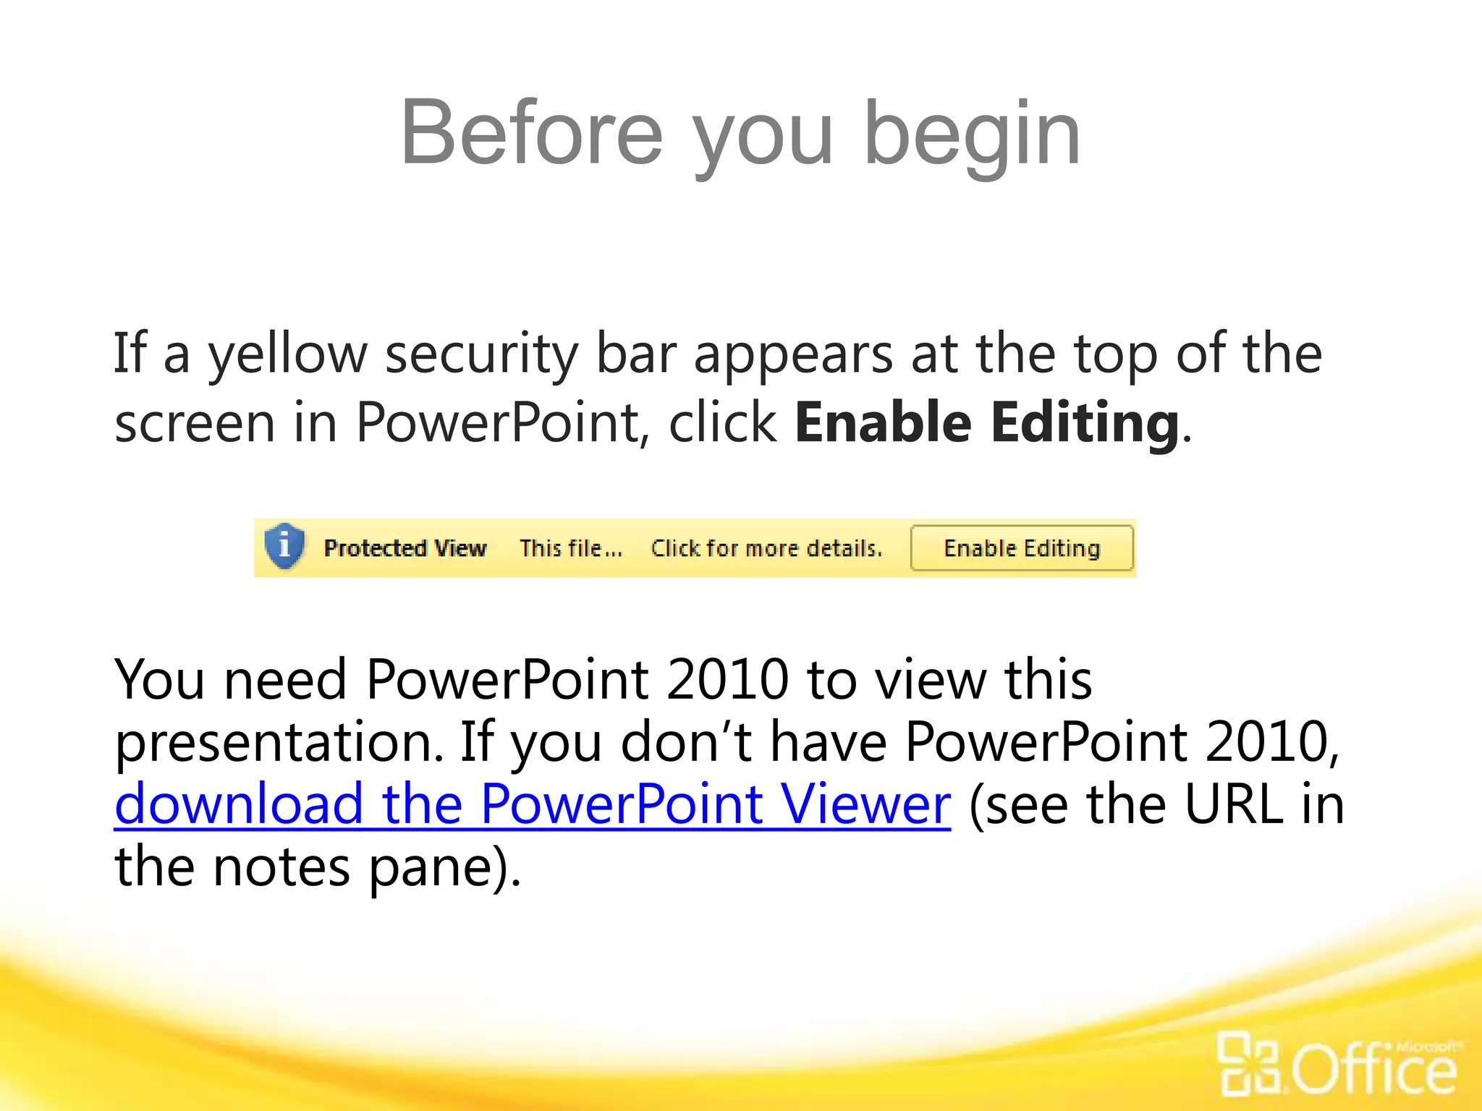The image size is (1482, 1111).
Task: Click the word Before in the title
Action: point(531,134)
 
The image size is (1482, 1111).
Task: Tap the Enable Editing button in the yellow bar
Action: point(1021,548)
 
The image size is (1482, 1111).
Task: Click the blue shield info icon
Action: point(284,546)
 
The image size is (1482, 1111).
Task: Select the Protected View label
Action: point(405,548)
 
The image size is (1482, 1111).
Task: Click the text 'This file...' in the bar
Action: point(570,548)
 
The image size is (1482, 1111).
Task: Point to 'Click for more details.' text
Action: point(766,548)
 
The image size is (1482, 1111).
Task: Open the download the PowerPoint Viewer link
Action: point(532,804)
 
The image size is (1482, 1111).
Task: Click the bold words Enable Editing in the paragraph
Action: point(987,422)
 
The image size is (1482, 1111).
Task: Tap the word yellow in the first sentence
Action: point(288,354)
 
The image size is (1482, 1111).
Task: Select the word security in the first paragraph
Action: point(481,354)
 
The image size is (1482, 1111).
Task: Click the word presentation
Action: point(279,742)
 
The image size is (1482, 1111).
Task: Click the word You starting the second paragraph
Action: point(159,680)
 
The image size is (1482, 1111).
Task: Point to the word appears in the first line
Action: point(793,354)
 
